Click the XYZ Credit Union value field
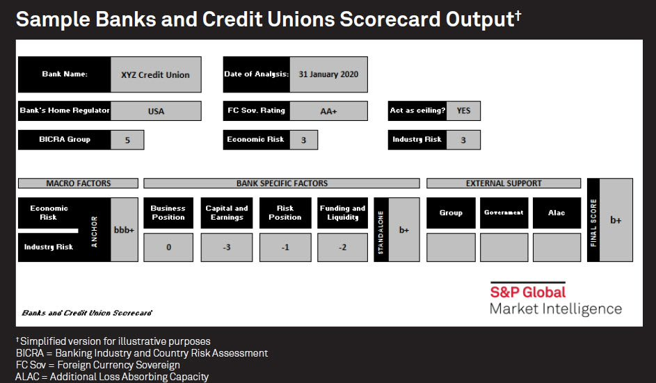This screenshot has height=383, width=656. (x=156, y=74)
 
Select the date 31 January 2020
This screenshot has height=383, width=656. (x=328, y=74)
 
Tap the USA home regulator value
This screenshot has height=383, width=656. (x=156, y=111)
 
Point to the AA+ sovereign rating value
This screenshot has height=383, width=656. (x=328, y=111)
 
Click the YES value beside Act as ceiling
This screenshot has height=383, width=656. (x=463, y=111)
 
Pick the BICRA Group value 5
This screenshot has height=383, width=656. (x=127, y=140)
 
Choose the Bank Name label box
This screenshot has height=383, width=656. (x=65, y=74)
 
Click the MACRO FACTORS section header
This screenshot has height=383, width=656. (x=78, y=183)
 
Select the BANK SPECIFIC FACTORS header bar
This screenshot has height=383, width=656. (x=282, y=183)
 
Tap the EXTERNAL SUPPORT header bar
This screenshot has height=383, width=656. (x=504, y=183)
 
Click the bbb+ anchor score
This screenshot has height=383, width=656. (x=125, y=230)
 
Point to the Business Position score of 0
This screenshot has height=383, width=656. (x=168, y=247)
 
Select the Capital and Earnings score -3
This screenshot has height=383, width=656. (x=227, y=247)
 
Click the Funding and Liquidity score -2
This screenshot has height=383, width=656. (x=343, y=247)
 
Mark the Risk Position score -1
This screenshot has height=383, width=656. (x=285, y=247)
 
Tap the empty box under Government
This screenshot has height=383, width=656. (x=504, y=247)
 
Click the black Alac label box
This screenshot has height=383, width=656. (x=557, y=213)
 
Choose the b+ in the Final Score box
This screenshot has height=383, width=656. (x=616, y=220)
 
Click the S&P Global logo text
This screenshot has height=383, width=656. (x=527, y=292)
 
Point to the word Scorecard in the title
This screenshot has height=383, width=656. (x=390, y=19)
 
